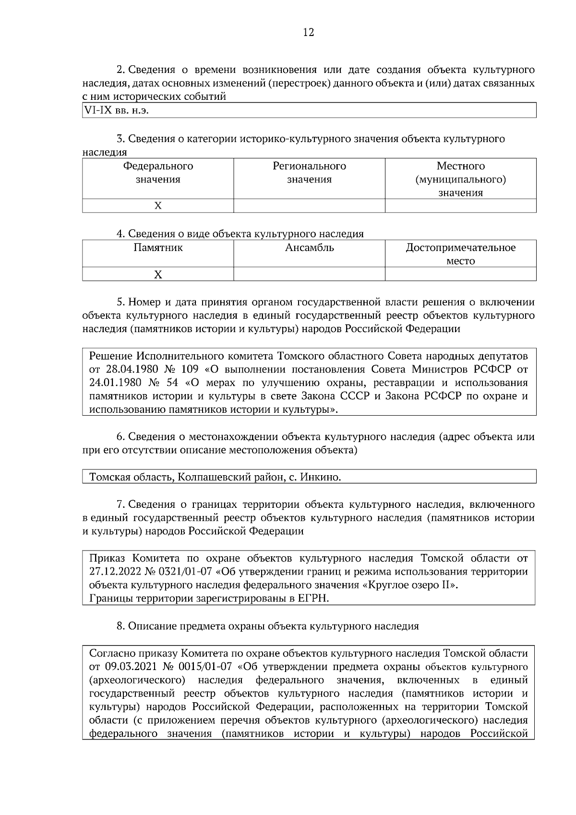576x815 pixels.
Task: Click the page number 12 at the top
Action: tap(309, 33)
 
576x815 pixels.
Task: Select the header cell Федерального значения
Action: tap(158, 173)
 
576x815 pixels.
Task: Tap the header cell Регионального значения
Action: tap(309, 173)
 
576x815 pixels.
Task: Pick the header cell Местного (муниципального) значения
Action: tap(460, 179)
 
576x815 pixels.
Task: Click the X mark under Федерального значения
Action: tap(158, 206)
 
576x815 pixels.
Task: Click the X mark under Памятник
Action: tap(158, 275)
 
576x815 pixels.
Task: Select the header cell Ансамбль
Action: tap(309, 248)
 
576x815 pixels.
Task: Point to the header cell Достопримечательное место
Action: tap(460, 254)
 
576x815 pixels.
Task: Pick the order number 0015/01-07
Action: tap(205, 667)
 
